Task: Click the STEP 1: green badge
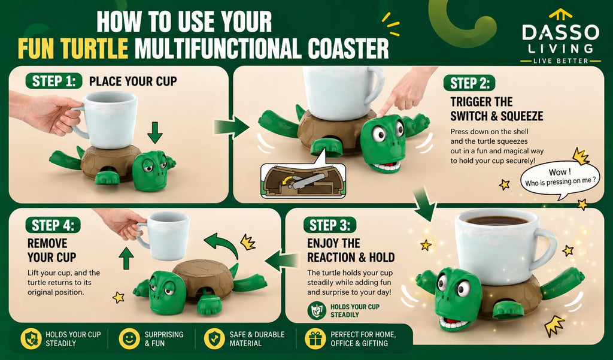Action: tap(53, 81)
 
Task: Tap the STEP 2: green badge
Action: tap(469, 83)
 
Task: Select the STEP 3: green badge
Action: tap(330, 225)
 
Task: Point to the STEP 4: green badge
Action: tap(53, 225)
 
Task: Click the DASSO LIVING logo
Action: tap(560, 37)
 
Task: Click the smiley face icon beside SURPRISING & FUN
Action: tap(129, 338)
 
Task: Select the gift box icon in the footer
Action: tap(315, 338)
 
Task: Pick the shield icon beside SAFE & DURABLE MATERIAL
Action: tap(214, 338)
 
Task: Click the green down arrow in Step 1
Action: tap(155, 132)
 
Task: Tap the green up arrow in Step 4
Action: tap(126, 258)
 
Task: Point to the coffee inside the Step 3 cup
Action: tap(496, 220)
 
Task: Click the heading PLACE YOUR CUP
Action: tap(133, 81)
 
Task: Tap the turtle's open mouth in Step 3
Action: tap(454, 322)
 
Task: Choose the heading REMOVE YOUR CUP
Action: tap(51, 250)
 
